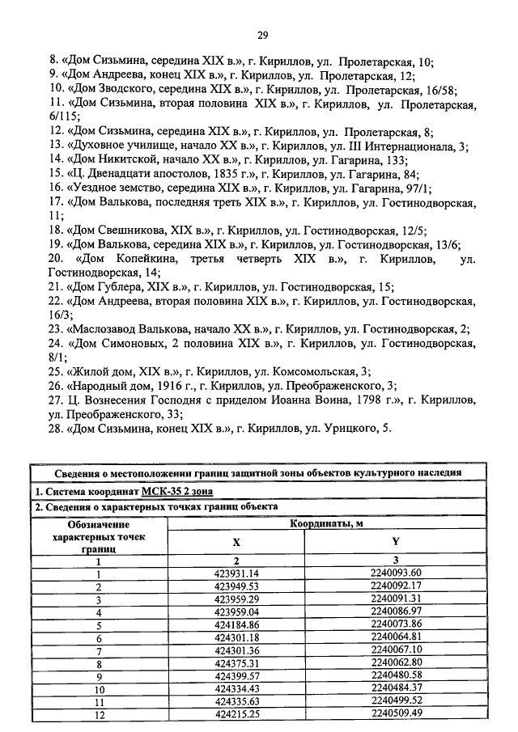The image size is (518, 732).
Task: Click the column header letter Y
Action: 396,542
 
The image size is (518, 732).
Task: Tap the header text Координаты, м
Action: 326,523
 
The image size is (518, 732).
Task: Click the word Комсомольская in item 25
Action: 318,371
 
